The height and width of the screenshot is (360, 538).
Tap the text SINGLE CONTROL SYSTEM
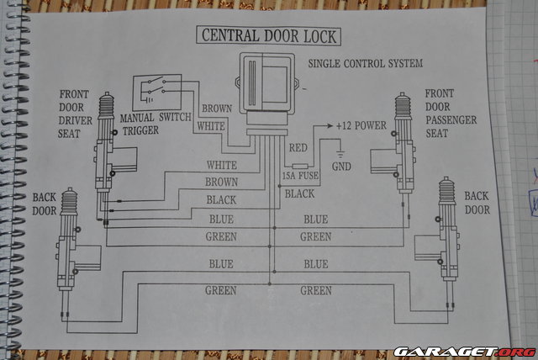pos(365,64)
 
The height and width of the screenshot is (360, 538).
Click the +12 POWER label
pos(361,125)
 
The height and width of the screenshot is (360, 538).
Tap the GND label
pos(341,166)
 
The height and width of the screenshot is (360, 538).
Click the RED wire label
pos(298,148)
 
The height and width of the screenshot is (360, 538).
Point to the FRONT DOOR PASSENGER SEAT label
pos(451,114)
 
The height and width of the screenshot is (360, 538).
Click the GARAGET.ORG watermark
pos(464,351)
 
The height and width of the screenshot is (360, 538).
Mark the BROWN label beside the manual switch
pos(218,109)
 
